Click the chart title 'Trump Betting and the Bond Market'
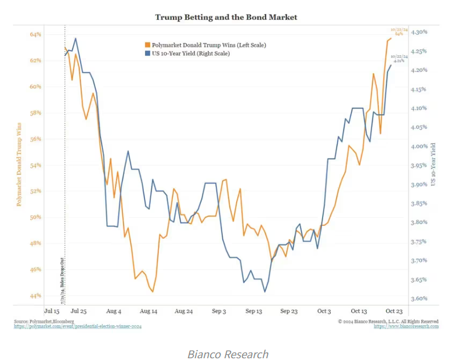point(226,17)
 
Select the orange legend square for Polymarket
point(147,45)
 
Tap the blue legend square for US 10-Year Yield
point(147,53)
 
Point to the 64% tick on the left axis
point(35,34)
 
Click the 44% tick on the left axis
point(35,296)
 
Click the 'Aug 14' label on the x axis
point(149,311)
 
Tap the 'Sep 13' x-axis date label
point(254,311)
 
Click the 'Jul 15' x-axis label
point(53,311)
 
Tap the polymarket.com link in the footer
point(78,327)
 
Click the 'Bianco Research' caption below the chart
point(228,354)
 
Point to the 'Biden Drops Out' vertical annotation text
point(61,279)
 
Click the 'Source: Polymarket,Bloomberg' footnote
point(39,321)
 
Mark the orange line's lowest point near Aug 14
point(153,291)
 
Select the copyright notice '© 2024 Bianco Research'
point(388,321)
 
